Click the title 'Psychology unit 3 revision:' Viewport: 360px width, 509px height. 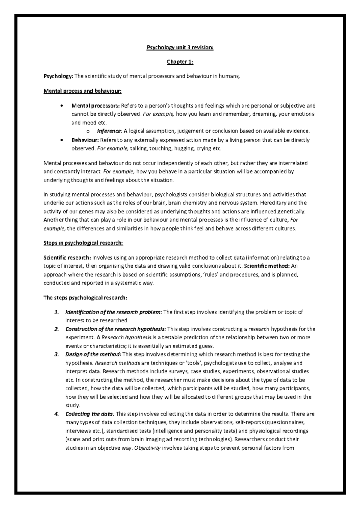click(x=180, y=47)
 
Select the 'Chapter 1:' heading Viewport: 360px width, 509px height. click(x=180, y=62)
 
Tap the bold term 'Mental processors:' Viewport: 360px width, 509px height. click(x=95, y=106)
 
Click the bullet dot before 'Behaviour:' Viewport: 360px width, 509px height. click(x=61, y=140)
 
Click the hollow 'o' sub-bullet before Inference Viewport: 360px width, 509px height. click(x=88, y=131)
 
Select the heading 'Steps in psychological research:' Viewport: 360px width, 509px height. click(x=83, y=243)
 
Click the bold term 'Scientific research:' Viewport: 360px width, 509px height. click(x=67, y=257)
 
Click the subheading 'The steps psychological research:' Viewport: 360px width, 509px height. click(x=85, y=298)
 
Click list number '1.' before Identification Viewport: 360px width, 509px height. click(x=56, y=312)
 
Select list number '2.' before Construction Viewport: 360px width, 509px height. click(x=56, y=329)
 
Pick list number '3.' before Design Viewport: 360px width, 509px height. click(x=56, y=354)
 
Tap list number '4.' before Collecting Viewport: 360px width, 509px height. click(x=56, y=414)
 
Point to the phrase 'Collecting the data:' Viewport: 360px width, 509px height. click(x=90, y=414)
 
